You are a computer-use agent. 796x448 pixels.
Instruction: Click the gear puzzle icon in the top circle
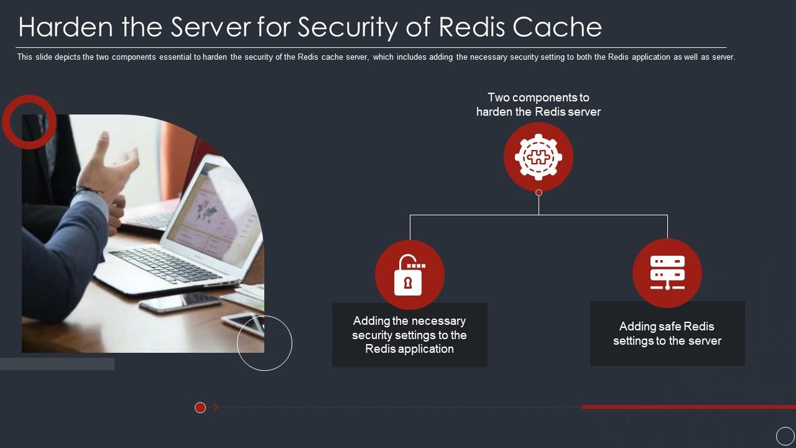(539, 157)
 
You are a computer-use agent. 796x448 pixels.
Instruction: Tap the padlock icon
(409, 275)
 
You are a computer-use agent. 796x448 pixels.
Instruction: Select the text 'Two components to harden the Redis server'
(539, 105)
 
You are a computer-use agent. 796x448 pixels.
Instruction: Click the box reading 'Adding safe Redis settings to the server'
(667, 334)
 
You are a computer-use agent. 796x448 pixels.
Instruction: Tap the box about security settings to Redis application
(409, 335)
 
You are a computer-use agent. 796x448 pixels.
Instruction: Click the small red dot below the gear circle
(539, 193)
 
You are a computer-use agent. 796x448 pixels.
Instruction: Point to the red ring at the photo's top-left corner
(29, 122)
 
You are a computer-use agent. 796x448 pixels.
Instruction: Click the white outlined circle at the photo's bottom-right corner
(264, 343)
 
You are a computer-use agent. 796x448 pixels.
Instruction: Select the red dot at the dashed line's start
(200, 408)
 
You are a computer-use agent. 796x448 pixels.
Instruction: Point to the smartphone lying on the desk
(180, 302)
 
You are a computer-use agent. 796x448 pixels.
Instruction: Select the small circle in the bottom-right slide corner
(785, 436)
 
